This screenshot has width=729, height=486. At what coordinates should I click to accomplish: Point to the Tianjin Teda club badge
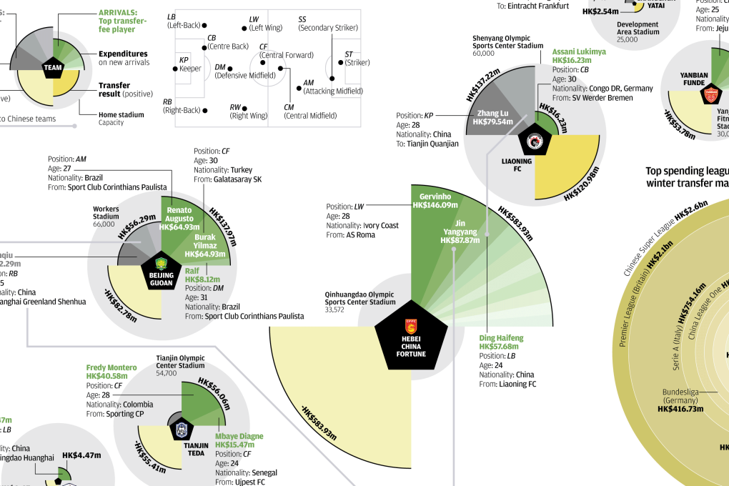[181, 430]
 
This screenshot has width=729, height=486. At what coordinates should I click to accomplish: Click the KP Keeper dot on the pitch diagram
[175, 69]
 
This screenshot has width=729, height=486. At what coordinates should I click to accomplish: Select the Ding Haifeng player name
[501, 337]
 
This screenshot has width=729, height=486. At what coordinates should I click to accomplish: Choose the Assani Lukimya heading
[578, 52]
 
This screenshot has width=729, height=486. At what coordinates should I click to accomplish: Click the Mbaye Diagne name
[239, 436]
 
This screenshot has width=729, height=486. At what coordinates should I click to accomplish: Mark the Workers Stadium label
[106, 212]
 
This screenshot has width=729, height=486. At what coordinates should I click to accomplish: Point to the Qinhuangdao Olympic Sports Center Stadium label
[359, 298]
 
